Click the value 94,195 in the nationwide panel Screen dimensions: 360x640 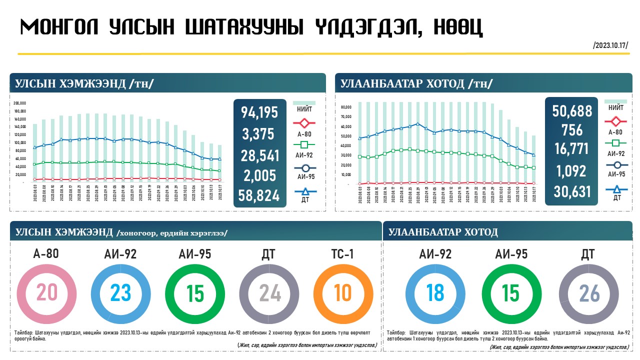point(259,112)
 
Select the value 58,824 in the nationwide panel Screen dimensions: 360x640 point(259,196)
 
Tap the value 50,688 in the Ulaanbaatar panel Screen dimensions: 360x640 point(572,110)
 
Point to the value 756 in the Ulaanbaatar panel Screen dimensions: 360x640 point(572,130)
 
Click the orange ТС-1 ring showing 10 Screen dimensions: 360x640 point(343,293)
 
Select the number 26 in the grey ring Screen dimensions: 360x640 point(589,294)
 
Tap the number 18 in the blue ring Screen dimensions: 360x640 point(435,293)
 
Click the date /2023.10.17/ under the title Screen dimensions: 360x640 point(610,45)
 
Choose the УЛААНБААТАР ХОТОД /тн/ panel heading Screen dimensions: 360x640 point(416,83)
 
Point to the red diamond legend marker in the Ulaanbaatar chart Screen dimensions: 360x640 point(615,121)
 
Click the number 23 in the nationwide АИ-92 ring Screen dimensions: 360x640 point(120,293)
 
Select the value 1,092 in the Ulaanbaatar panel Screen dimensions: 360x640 point(572,171)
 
